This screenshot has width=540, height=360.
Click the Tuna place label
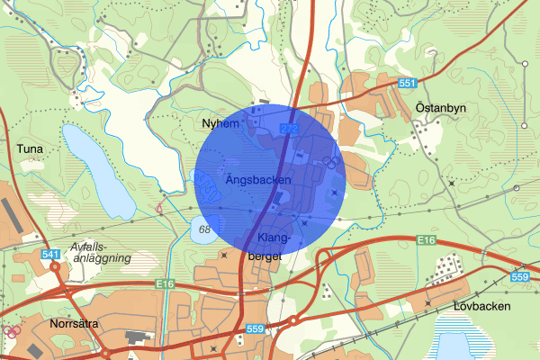(x=30, y=146)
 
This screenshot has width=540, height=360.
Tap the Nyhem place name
(x=222, y=124)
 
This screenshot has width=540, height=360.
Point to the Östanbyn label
(x=441, y=107)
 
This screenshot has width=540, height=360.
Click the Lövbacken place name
(x=482, y=306)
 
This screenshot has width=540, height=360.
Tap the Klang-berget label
(x=274, y=247)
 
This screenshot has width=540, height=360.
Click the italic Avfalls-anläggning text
(x=101, y=252)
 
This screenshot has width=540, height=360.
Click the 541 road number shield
(x=50, y=256)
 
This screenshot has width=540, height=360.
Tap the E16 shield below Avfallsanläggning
(x=163, y=284)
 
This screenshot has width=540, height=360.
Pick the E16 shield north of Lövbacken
(x=427, y=239)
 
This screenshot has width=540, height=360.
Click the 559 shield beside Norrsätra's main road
(x=256, y=330)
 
